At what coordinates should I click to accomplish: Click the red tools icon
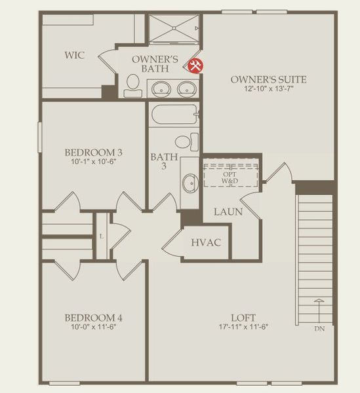pyautogui.click(x=195, y=65)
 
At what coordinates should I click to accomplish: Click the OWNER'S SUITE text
pyautogui.click(x=268, y=79)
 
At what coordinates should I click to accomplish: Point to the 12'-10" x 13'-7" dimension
pyautogui.click(x=268, y=89)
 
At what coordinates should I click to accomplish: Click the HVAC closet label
pyautogui.click(x=205, y=243)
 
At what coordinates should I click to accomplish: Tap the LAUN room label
pyautogui.click(x=228, y=212)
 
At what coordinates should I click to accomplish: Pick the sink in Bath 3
pyautogui.click(x=190, y=181)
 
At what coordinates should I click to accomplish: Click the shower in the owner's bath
pyautogui.click(x=174, y=28)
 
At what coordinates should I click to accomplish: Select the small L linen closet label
pyautogui.click(x=102, y=236)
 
